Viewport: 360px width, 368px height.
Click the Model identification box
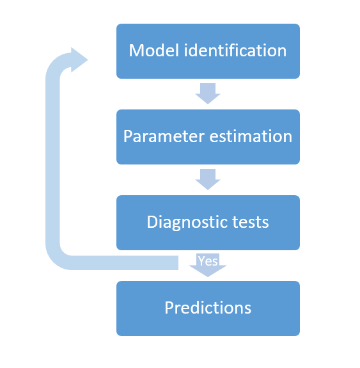pos(208,51)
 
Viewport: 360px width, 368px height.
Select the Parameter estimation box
pos(208,137)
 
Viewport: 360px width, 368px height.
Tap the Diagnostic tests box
pos(208,223)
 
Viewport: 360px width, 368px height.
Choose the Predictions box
pos(208,308)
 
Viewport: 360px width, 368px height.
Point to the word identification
pos(235,50)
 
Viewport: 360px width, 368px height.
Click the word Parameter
pos(164,136)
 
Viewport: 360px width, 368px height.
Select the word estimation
pos(251,136)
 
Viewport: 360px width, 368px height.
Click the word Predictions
pos(208,307)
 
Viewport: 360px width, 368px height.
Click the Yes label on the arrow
pos(208,260)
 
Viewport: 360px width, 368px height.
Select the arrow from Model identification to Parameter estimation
pos(208,93)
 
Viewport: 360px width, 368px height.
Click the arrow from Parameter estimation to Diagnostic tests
pos(208,179)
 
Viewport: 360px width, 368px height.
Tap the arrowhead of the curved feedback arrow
pos(79,60)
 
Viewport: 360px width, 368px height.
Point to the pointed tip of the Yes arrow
pos(208,276)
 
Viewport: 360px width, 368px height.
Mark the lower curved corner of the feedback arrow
pos(56,258)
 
